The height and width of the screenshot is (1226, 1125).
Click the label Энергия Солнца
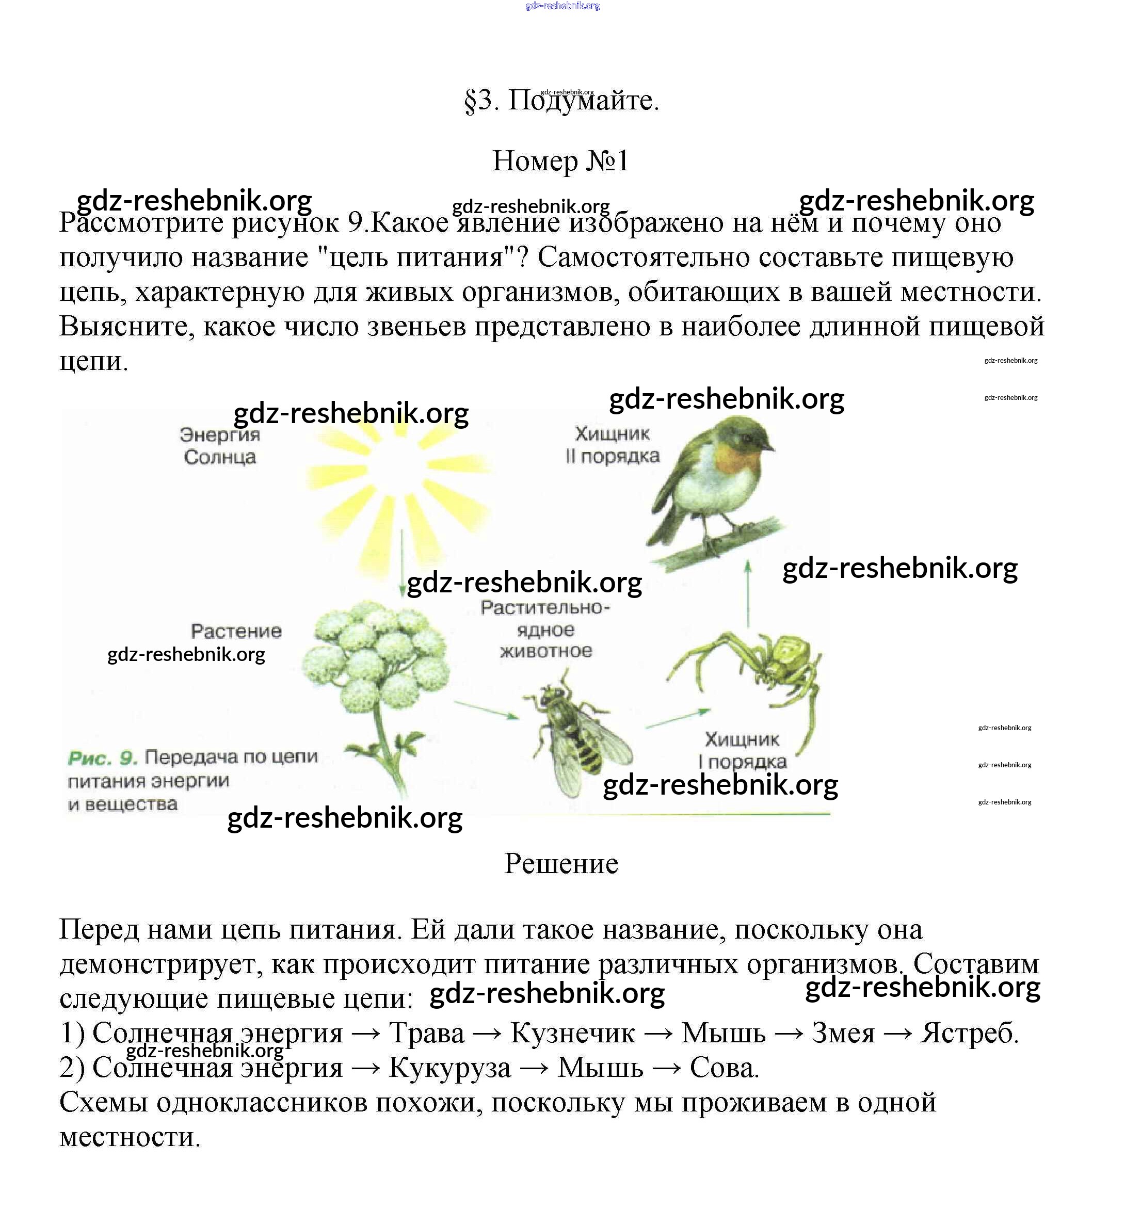(x=220, y=446)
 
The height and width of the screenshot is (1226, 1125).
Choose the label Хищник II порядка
(x=613, y=445)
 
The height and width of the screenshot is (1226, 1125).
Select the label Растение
(x=236, y=631)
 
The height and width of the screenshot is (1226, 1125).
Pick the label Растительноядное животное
(x=545, y=630)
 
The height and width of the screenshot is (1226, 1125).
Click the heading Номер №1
(x=560, y=162)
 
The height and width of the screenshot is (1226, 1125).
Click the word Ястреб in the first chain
(x=969, y=1033)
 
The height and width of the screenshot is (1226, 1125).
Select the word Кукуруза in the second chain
(x=450, y=1068)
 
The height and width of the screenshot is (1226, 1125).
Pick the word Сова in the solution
(x=723, y=1068)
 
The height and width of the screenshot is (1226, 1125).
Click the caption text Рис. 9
(x=102, y=759)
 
